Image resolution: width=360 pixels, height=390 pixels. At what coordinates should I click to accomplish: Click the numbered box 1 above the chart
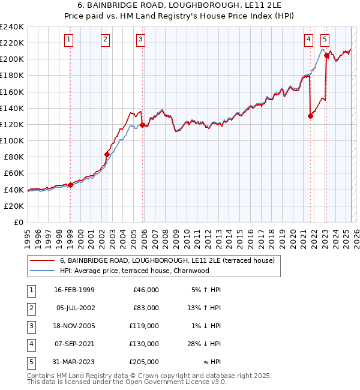70,40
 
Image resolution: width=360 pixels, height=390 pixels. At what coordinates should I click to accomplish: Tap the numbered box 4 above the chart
308,40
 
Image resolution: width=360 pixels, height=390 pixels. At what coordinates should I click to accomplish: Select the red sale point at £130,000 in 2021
310,116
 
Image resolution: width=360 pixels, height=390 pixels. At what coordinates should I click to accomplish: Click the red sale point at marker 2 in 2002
107,154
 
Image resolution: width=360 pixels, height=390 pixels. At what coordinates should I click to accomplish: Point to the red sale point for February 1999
70,185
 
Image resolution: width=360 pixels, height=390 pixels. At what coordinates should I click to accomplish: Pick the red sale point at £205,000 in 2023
326,55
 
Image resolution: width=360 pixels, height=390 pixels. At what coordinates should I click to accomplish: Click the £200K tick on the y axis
13,59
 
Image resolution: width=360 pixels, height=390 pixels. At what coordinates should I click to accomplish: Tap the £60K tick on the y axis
15,173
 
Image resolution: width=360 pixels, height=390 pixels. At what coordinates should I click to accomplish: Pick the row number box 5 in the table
29,362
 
